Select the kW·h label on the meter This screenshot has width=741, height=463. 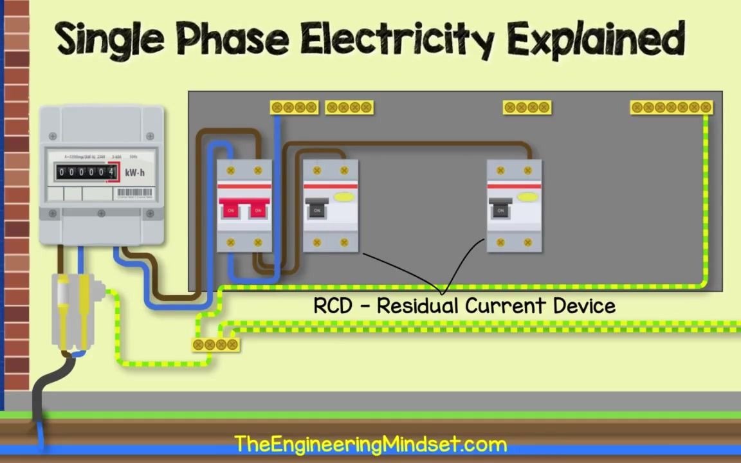click(x=134, y=172)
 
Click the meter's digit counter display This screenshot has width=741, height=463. click(x=86, y=172)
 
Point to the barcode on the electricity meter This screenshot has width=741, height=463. click(x=134, y=192)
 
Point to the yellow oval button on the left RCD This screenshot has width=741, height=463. click(x=344, y=197)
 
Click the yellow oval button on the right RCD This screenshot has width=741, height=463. click(x=528, y=197)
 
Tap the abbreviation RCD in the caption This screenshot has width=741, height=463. click(x=333, y=306)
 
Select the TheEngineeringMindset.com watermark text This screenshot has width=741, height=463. click(x=370, y=444)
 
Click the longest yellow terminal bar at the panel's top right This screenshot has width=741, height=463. click(x=672, y=107)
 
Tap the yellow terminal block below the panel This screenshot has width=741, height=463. click(x=215, y=345)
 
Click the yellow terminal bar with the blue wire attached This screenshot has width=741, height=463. click(x=294, y=107)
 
